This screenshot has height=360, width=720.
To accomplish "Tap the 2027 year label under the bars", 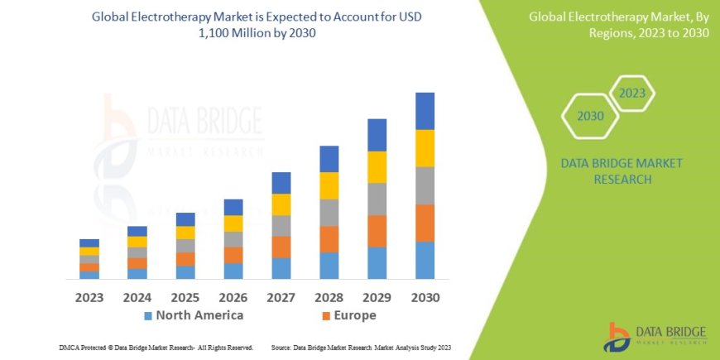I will pyautogui.click(x=281, y=296).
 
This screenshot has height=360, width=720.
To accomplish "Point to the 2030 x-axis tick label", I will pyautogui.click(x=425, y=296).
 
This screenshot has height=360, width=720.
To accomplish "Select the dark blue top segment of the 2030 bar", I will pyautogui.click(x=425, y=111).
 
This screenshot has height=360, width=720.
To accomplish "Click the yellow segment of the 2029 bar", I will pyautogui.click(x=377, y=167).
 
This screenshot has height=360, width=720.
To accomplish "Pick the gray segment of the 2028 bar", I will pyautogui.click(x=329, y=213).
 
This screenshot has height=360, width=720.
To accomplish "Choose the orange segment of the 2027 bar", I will pyautogui.click(x=281, y=247).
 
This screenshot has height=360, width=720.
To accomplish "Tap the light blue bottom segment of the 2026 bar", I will pyautogui.click(x=233, y=271).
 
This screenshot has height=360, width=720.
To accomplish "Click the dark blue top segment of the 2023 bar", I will pyautogui.click(x=89, y=242).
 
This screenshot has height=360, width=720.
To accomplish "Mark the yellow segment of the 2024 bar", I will pyautogui.click(x=137, y=242).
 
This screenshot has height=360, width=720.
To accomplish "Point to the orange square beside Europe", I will pyautogui.click(x=326, y=316).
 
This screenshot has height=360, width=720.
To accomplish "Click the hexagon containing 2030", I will pyautogui.click(x=590, y=116).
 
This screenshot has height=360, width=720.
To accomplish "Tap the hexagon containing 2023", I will pyautogui.click(x=631, y=93).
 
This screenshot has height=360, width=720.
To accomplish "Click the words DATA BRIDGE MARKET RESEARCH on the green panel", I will pyautogui.click(x=622, y=170).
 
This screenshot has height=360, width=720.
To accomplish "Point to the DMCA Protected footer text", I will pyautogui.click(x=156, y=348).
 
